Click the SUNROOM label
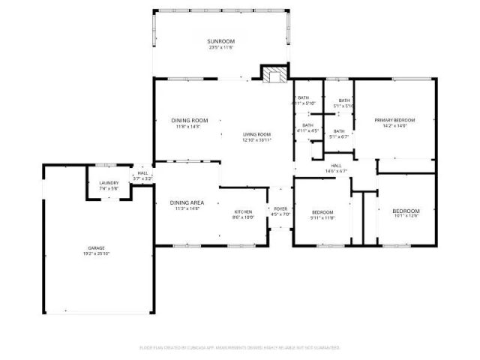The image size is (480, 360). tap(221, 41)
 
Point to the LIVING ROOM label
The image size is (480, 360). tap(256, 134)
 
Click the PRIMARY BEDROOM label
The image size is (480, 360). tap(394, 120)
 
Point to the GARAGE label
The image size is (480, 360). tap(96, 247)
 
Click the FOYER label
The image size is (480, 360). tap(280, 209)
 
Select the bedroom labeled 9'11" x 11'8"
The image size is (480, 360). tap(322, 212)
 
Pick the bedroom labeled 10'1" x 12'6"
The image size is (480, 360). tap(406, 211)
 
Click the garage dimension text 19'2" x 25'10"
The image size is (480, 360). tap(96, 253)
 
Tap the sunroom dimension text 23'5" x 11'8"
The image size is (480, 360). tap(221, 47)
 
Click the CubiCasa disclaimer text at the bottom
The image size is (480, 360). tap(240, 347)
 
